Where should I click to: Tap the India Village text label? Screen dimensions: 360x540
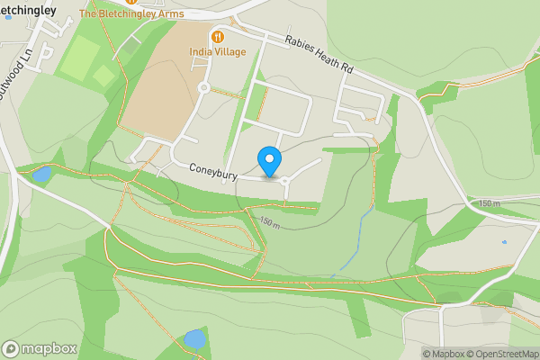(x=217, y=52)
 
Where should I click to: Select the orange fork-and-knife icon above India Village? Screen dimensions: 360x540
(x=217, y=36)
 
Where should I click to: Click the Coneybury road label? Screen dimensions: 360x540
(x=212, y=170)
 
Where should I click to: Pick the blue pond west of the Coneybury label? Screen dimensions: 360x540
(x=41, y=173)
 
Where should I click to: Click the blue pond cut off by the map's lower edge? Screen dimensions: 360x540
(x=193, y=340)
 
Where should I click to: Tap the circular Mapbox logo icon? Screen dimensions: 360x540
(x=11, y=348)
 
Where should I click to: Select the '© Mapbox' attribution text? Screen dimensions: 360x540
(x=446, y=354)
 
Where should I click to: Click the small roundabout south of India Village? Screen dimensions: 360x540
(x=203, y=88)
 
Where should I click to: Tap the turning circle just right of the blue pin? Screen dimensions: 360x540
(x=286, y=181)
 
